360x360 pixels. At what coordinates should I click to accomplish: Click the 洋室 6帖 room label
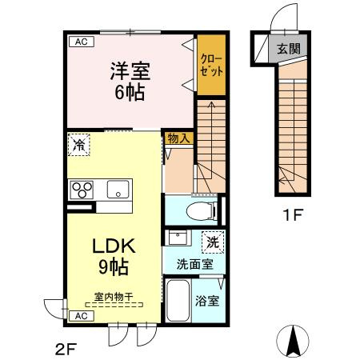tap(129, 80)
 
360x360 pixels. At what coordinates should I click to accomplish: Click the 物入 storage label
tap(178, 139)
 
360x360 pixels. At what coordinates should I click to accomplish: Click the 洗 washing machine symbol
tap(212, 240)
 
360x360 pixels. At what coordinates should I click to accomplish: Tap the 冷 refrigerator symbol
tap(78, 145)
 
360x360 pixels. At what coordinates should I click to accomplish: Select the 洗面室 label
tap(194, 262)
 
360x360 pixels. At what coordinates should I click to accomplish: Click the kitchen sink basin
tap(117, 190)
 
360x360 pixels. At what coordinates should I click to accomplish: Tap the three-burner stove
tap(82, 190)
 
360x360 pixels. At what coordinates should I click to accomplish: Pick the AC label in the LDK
tap(81, 316)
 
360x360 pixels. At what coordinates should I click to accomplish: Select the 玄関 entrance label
tap(289, 49)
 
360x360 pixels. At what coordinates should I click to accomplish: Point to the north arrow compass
tap(292, 342)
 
